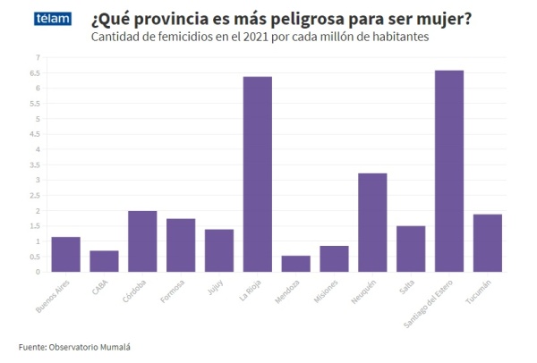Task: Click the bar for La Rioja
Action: click(258, 174)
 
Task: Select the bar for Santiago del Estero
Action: click(449, 171)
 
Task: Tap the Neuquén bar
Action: click(372, 223)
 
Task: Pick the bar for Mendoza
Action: click(296, 264)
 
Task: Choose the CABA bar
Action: click(105, 261)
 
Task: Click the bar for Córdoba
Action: click(142, 241)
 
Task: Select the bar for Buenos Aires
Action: click(66, 254)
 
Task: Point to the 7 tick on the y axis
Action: click(37, 57)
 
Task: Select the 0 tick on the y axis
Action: click(37, 272)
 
